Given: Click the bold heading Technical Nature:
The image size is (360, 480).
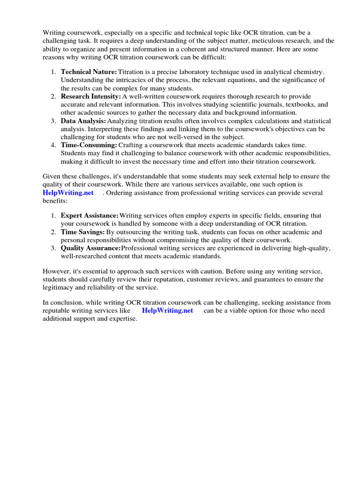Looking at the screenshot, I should [89, 72].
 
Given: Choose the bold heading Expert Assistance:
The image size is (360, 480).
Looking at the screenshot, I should [90, 216].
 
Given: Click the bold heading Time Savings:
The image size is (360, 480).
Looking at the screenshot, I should [83, 232].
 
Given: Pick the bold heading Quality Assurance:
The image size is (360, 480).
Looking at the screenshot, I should [90, 248].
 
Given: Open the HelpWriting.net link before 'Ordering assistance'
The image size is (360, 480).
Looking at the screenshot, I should [68, 193].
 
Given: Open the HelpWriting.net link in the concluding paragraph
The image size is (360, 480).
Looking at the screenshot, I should [167, 310].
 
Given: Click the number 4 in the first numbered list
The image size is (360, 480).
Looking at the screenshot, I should [53, 145].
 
